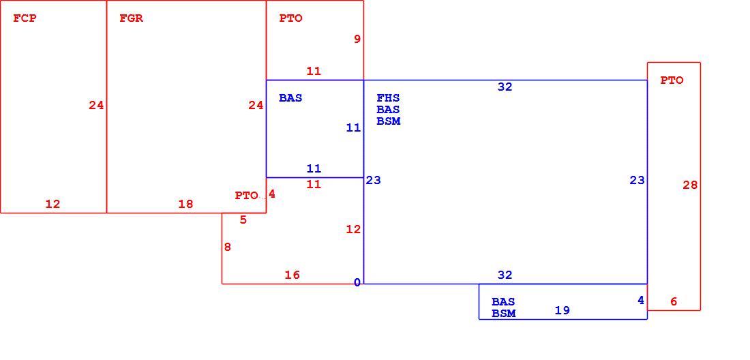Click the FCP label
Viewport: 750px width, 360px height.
(25, 18)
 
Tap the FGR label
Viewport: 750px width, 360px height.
(131, 18)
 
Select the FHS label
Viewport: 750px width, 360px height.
(388, 98)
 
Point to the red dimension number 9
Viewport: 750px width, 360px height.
(357, 39)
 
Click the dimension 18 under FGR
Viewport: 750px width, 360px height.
(185, 204)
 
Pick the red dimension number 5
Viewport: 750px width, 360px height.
(243, 220)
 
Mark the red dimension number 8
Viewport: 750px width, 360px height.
(227, 247)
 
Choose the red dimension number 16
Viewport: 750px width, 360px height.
(292, 275)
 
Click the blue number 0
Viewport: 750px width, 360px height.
(357, 282)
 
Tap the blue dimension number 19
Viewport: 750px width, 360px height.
(562, 310)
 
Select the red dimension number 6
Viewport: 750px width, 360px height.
(674, 301)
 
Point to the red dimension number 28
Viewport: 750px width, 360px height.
(690, 185)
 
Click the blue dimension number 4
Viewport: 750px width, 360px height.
(641, 300)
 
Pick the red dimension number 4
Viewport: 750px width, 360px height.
(271, 194)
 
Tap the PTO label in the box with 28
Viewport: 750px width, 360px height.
(672, 81)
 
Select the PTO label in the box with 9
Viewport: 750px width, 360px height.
(291, 18)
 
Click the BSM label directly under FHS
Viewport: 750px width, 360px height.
(389, 121)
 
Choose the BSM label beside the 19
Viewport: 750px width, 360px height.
(504, 314)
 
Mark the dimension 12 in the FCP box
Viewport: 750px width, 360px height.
(52, 204)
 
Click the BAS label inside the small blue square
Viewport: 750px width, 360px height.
(291, 98)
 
